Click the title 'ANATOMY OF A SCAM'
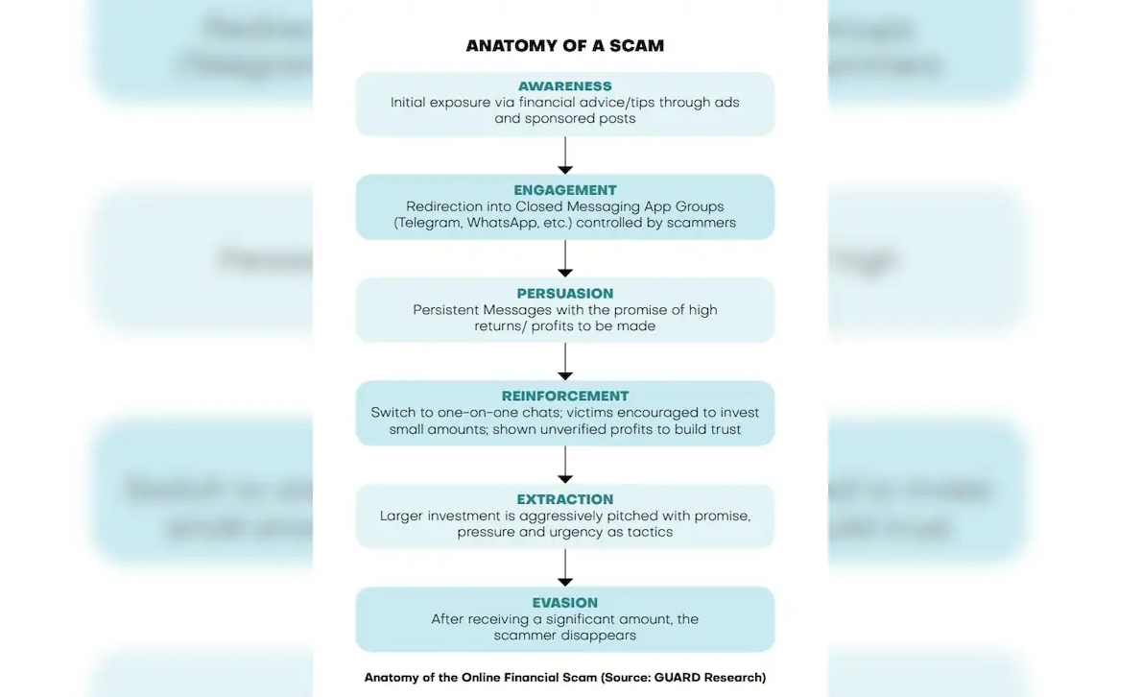coord(565,46)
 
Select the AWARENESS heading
coord(565,86)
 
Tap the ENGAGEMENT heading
coord(565,190)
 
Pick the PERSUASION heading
coord(565,294)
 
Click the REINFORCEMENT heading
coord(565,397)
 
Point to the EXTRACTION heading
coord(565,499)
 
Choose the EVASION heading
coord(565,603)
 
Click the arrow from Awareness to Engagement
coord(565,156)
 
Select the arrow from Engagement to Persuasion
coord(565,258)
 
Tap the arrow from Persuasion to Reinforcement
coord(565,362)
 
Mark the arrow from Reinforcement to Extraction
coord(565,465)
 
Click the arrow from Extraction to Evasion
coord(565,568)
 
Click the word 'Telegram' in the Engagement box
coord(428,224)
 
